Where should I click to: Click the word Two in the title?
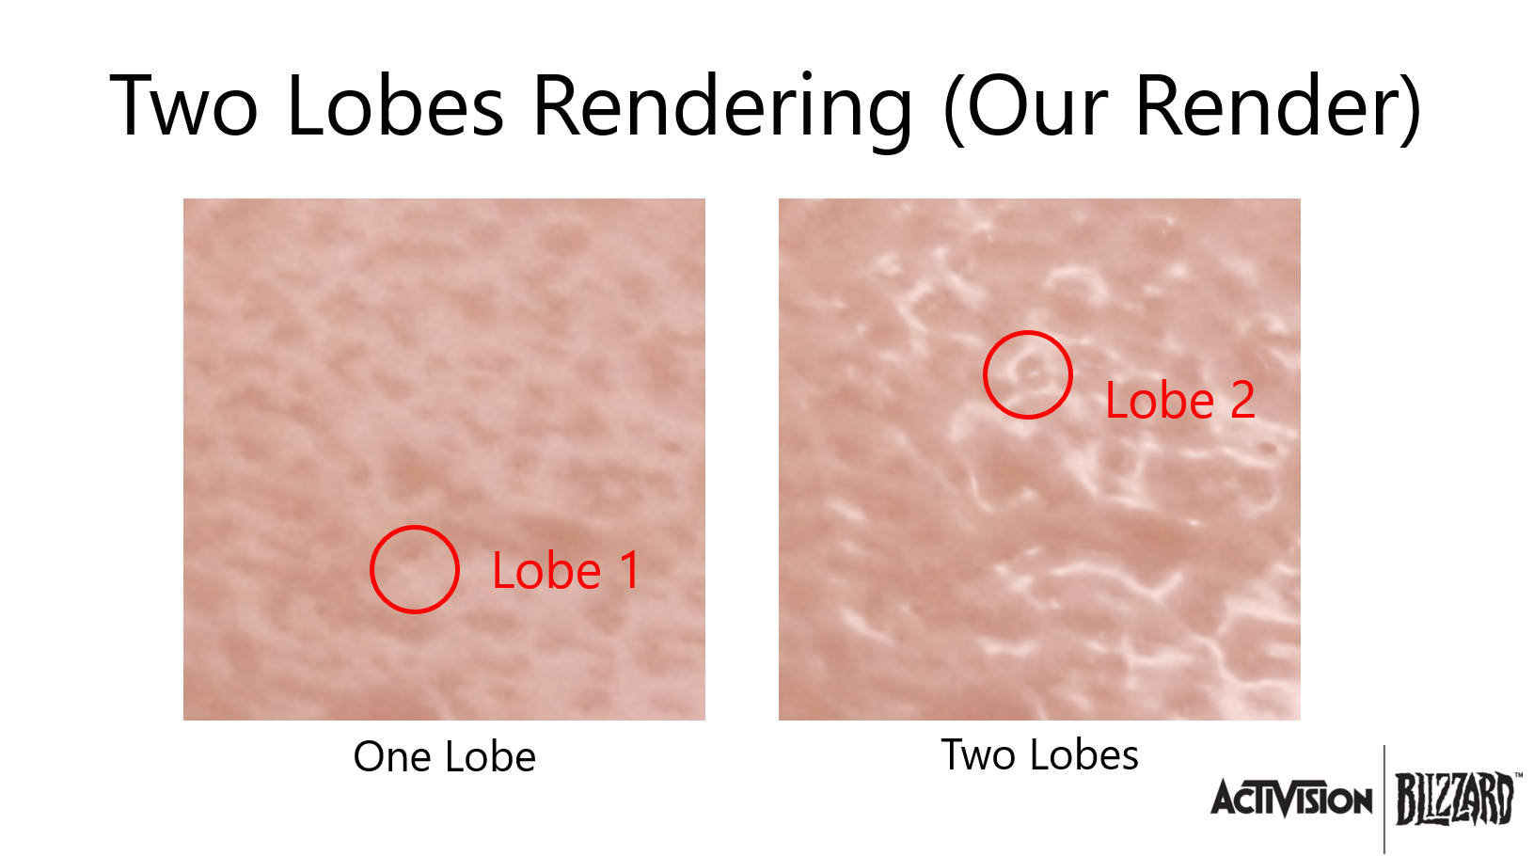[183, 105]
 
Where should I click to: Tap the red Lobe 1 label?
[565, 570]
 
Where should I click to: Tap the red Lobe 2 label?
[1180, 400]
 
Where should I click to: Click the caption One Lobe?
[445, 756]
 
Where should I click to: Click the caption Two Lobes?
[1039, 754]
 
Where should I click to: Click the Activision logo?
[1291, 800]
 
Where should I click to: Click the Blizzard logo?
[1455, 799]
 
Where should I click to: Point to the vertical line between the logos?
[1384, 800]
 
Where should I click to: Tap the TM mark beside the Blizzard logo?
[1518, 775]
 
